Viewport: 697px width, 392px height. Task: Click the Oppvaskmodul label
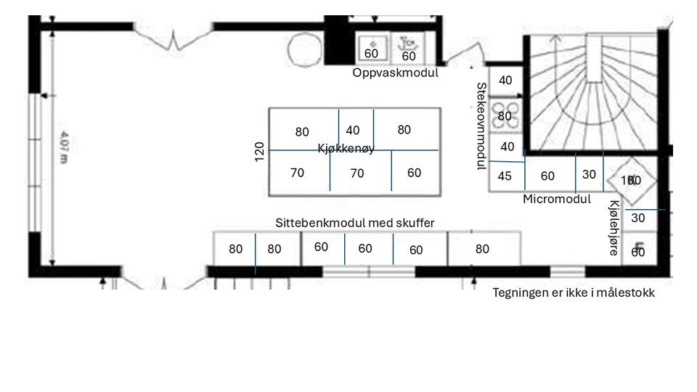tap(396, 73)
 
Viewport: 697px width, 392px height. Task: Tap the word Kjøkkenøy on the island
tap(346, 149)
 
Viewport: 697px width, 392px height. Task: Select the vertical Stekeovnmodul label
tap(481, 126)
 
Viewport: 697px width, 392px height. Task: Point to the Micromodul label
tap(557, 199)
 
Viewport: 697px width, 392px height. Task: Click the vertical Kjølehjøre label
tap(614, 228)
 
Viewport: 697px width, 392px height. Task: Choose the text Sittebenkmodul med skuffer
tap(355, 223)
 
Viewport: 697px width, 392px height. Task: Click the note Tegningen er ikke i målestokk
tap(574, 293)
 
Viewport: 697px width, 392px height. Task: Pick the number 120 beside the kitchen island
tap(260, 152)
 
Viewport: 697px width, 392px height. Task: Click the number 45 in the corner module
tap(505, 176)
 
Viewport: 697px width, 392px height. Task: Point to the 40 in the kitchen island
tap(353, 131)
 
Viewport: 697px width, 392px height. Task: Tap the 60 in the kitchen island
tap(414, 173)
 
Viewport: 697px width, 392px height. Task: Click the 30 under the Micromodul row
tap(589, 175)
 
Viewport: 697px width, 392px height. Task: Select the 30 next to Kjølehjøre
tap(638, 218)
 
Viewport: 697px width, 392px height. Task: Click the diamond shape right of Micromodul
tap(632, 180)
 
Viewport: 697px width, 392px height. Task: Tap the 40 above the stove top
tap(505, 81)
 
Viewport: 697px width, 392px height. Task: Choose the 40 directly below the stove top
tap(508, 147)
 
